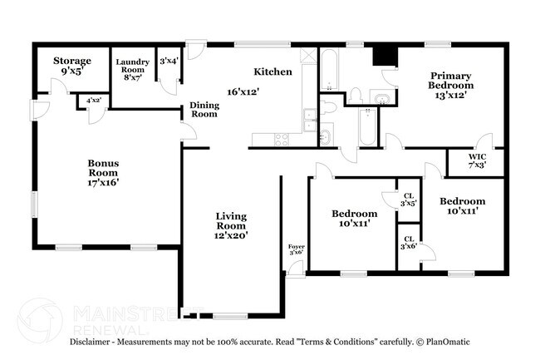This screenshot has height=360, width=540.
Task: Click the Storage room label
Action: (x=71, y=61)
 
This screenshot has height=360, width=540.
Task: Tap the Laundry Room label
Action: (x=132, y=66)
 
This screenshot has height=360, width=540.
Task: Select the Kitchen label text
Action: (x=272, y=72)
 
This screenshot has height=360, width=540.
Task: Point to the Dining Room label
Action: (x=204, y=109)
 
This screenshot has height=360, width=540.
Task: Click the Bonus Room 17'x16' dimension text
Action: (x=104, y=182)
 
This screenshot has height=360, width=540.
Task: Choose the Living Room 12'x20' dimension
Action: (x=231, y=235)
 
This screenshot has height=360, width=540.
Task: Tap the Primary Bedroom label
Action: (x=451, y=80)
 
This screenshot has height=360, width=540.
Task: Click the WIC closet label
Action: (x=476, y=156)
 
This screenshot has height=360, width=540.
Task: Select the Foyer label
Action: (x=296, y=247)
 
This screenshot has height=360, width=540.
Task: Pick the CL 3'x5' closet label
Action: (x=407, y=198)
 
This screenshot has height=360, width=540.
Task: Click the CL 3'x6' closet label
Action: (x=407, y=243)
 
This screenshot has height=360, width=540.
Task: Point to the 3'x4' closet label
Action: (x=169, y=59)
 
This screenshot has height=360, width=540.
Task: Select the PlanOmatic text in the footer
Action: (x=448, y=342)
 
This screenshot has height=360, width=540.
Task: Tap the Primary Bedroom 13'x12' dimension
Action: (x=451, y=95)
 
